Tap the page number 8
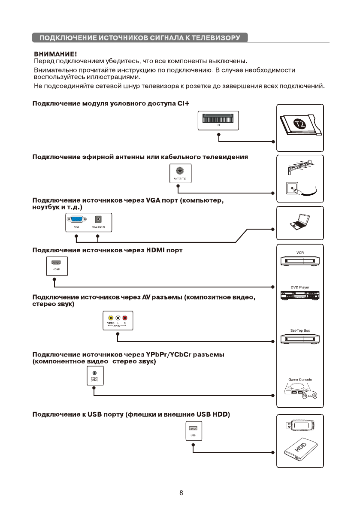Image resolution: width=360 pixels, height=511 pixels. pos(182,493)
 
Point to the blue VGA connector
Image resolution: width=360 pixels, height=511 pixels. pos(77,219)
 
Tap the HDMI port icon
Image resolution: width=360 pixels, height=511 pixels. pos(55,263)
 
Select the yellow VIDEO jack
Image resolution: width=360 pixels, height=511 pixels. pos(111,318)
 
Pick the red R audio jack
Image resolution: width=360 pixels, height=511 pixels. pos(125,318)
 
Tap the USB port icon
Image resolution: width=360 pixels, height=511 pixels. pos(193,429)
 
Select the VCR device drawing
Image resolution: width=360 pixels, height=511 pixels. pos(300,261)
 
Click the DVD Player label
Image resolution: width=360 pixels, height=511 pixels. pos(300,287)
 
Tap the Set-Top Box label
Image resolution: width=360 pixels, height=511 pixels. pos(300,331)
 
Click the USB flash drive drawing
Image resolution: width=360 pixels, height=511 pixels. pos(300,426)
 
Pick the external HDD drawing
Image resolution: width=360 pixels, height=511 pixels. pos(300,452)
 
